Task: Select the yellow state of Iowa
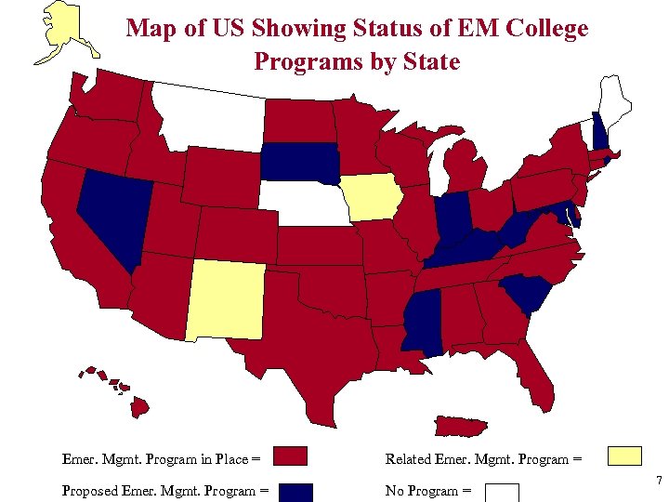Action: pos(371,197)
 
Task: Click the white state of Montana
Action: pos(212,116)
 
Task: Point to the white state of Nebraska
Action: pos(302,203)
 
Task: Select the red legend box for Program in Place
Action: pos(291,456)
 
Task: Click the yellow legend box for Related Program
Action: pos(624,456)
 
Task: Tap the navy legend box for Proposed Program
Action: pos(295,492)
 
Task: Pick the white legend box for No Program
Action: pos(502,492)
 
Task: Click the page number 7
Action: pos(658,481)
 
